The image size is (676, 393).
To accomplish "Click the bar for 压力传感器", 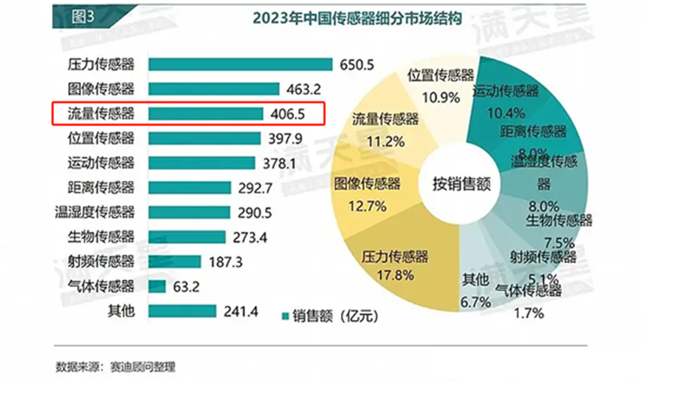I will [240, 65].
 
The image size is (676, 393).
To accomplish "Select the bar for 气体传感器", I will [157, 286].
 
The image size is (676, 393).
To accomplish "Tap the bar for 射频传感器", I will [174, 261].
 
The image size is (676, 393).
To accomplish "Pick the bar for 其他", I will [183, 311].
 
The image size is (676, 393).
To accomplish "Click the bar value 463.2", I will [304, 89].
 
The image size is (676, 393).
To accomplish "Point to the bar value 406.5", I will [285, 114].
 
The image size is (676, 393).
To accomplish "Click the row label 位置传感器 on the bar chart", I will [101, 138].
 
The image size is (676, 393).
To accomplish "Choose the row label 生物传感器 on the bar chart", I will [101, 237].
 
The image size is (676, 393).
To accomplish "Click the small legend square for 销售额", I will [285, 316].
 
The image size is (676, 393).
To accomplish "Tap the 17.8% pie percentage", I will [393, 275].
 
